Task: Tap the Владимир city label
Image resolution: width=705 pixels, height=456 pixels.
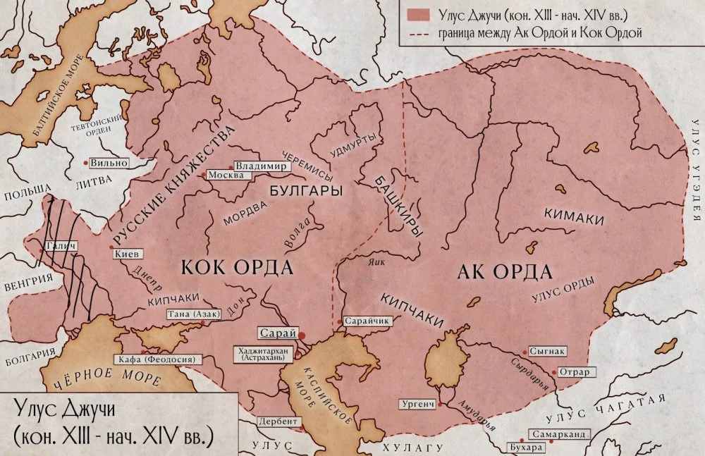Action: click(261, 166)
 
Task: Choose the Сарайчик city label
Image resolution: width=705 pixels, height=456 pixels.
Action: click(371, 320)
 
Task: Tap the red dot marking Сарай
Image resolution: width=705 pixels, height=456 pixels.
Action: click(302, 335)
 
